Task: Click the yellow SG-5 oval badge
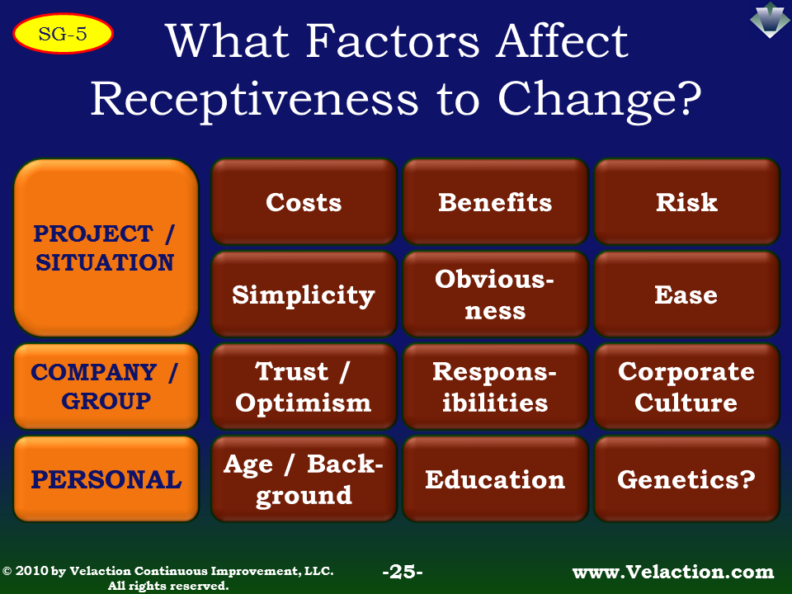[x=64, y=33]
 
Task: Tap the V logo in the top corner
[x=769, y=20]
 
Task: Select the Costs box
[x=304, y=201]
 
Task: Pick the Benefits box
[x=496, y=201]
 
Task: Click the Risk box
[x=687, y=201]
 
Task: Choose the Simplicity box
[x=304, y=294]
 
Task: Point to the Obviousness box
[x=496, y=294]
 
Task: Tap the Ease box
[x=687, y=294]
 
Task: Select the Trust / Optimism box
[x=304, y=386]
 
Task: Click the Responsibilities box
[x=496, y=386]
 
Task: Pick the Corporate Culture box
[x=687, y=386]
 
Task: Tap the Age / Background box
[x=304, y=478]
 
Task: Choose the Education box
[x=496, y=478]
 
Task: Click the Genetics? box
[x=687, y=478]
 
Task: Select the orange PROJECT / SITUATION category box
[x=106, y=247]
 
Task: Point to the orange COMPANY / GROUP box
[x=106, y=386]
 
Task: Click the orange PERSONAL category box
[x=106, y=478]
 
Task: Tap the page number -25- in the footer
[x=403, y=572]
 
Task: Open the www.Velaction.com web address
[x=673, y=572]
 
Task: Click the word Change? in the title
[x=600, y=99]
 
